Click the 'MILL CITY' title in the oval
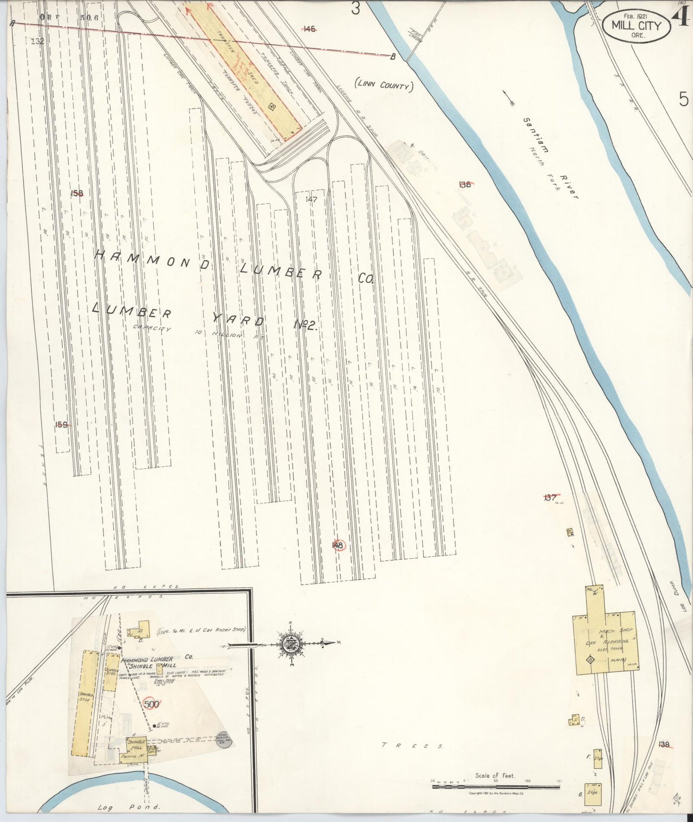[636, 26]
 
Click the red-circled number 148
[338, 545]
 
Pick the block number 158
[77, 193]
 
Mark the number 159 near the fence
[61, 424]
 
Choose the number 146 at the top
[309, 29]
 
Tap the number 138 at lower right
[664, 744]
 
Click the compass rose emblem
[291, 643]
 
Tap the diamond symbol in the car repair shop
[589, 660]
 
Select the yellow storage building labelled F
[598, 758]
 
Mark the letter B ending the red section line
[393, 57]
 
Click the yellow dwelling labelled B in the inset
[141, 627]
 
